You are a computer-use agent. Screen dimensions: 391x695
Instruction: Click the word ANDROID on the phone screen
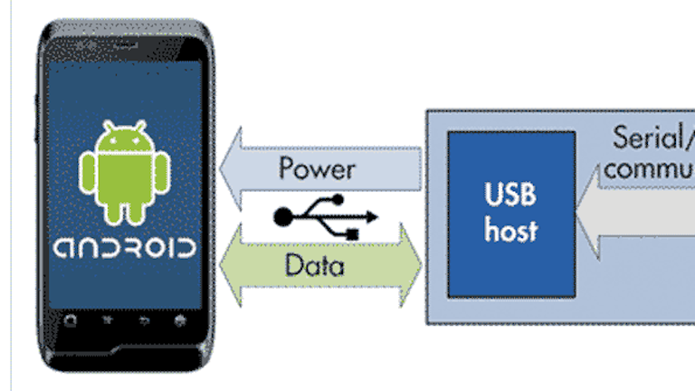pos(124,248)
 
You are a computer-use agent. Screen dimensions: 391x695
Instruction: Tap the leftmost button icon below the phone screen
pos(72,320)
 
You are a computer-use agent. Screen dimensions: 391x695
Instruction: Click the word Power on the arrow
pos(317,168)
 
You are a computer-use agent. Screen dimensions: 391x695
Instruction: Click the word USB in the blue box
pos(510,195)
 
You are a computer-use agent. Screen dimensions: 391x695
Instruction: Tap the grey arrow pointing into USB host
pos(633,217)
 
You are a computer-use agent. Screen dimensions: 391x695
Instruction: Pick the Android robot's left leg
pos(113,212)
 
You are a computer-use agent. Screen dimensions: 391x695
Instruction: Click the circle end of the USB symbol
pos(283,215)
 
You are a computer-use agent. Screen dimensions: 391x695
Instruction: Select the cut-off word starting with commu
pos(650,170)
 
